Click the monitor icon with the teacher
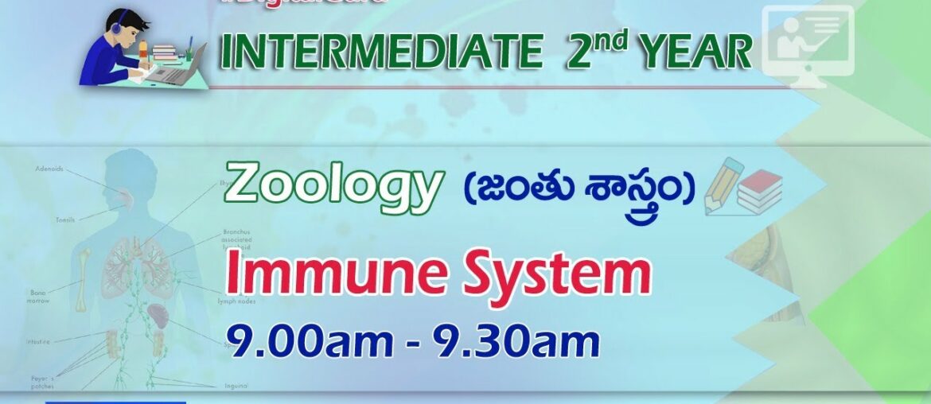tap(808, 41)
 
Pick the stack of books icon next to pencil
tap(759, 192)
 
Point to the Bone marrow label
tap(41, 297)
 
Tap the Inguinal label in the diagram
tap(236, 385)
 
